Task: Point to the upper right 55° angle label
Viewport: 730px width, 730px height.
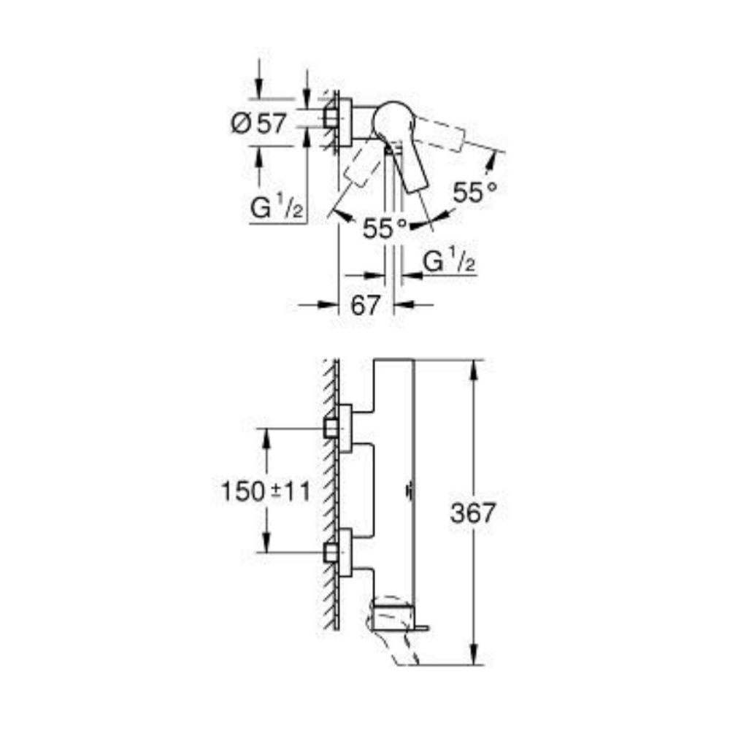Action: [x=475, y=193]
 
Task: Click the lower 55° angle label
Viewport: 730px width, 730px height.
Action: [x=385, y=228]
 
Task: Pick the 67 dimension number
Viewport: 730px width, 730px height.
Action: [x=366, y=305]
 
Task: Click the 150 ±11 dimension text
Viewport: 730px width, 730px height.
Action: [x=265, y=491]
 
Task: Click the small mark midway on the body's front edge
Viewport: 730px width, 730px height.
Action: [x=408, y=491]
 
